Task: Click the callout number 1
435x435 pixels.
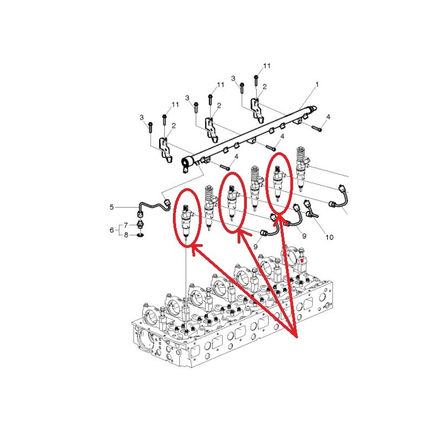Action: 317,84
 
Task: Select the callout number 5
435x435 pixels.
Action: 112,207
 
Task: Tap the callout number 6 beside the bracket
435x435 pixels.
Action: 112,229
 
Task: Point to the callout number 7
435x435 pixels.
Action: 126,225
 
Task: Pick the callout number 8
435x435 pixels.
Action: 126,235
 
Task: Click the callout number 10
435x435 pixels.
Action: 330,237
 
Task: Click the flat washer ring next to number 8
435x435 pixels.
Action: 141,235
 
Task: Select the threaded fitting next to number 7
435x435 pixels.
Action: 141,225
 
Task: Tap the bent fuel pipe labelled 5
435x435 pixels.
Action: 154,207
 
